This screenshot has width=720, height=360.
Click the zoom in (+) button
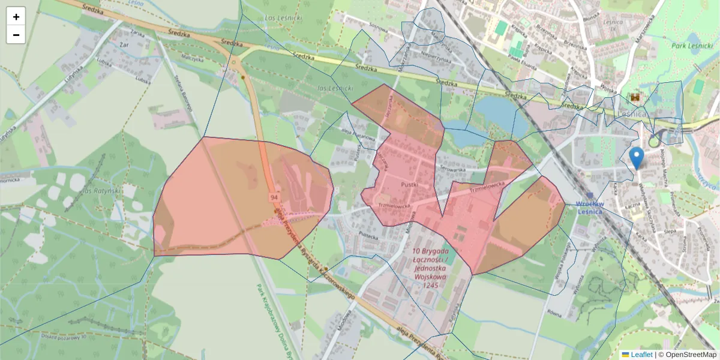pyautogui.click(x=16, y=17)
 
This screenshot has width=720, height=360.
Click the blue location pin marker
pyautogui.click(x=637, y=158)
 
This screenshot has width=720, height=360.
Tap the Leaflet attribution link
pyautogui.click(x=641, y=355)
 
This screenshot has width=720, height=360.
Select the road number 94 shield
pyautogui.click(x=274, y=197)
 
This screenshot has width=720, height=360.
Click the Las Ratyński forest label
pyautogui.click(x=95, y=190)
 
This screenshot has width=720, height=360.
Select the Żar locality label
pyautogui.click(x=125, y=44)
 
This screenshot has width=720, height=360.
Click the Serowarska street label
pyautogui.click(x=452, y=170)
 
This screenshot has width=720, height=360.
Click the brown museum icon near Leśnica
pyautogui.click(x=635, y=97)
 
